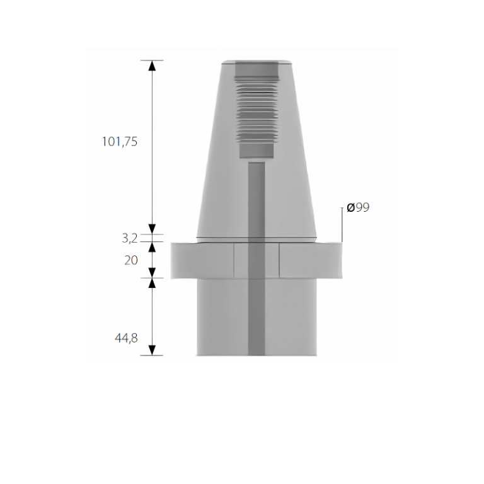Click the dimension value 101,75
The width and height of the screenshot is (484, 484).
(119, 142)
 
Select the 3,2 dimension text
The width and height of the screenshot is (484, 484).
(130, 238)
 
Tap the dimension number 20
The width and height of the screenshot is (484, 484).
(130, 260)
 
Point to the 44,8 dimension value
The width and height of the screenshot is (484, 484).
(126, 338)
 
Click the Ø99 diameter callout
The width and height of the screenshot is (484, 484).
(358, 207)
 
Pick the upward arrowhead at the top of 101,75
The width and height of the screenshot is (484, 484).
(151, 65)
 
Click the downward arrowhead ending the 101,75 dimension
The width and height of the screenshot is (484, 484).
(151, 229)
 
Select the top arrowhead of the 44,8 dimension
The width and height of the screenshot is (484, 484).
(151, 283)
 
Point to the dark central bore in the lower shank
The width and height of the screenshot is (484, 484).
(256, 321)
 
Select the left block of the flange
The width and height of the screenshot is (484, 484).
(202, 260)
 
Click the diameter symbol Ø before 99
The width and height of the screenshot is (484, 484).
(350, 207)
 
